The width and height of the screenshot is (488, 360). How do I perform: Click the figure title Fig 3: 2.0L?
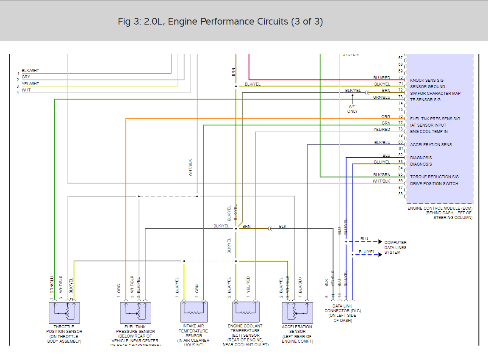[x=220, y=22]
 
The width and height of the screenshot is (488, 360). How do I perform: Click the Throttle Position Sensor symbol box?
[x=64, y=313]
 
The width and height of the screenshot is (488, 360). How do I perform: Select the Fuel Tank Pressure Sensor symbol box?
[x=136, y=313]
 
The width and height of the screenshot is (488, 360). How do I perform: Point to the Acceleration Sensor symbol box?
[x=297, y=313]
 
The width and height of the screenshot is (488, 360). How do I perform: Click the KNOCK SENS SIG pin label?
[x=427, y=80]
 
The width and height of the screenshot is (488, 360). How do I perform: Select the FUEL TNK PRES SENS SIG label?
[x=435, y=119]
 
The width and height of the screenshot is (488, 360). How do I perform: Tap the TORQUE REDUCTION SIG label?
[x=434, y=177]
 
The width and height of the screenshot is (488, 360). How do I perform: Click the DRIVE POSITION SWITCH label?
[x=434, y=184]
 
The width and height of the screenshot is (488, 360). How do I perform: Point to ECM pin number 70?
[x=400, y=78]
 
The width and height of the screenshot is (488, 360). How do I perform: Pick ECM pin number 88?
[x=400, y=194]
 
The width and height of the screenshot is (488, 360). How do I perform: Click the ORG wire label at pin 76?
[x=385, y=117]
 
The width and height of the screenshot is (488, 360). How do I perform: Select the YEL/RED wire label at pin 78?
[x=382, y=130]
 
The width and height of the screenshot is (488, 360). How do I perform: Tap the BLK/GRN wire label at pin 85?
[x=382, y=175]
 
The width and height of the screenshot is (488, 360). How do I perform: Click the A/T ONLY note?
[x=352, y=109]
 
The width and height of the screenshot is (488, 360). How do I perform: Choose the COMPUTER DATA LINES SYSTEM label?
[x=395, y=247]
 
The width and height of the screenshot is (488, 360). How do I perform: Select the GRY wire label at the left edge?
[x=26, y=77]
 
